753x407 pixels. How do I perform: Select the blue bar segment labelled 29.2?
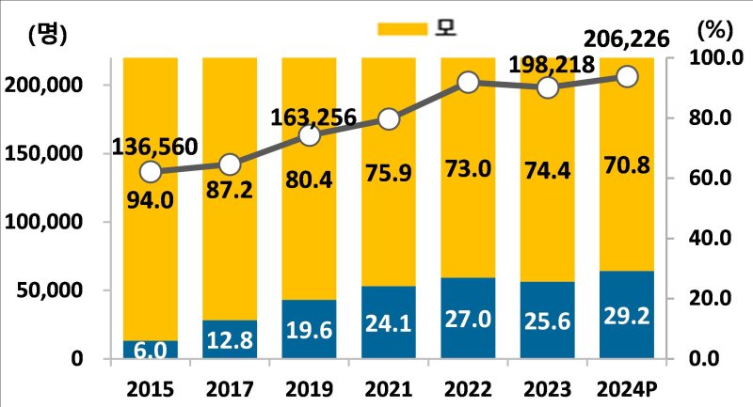pos(628,315)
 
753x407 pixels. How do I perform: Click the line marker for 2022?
pos(469,83)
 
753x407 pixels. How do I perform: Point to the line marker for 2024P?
pos(628,76)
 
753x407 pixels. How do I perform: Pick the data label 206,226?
pos(626,39)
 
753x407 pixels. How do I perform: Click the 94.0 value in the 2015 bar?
pos(151,199)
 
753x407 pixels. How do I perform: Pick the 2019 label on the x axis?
pos(310,386)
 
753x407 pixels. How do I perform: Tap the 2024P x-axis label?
pos(628,386)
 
